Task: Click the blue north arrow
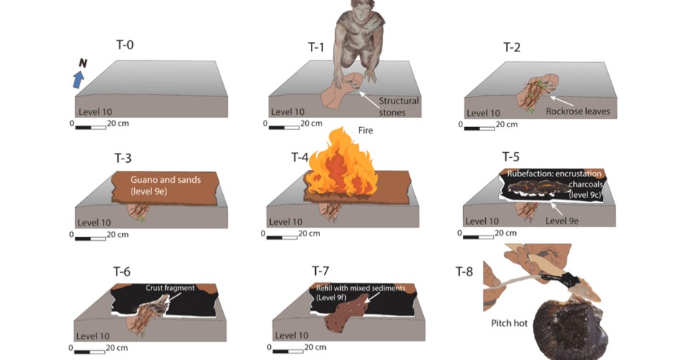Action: [79, 80]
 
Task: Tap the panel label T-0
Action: [124, 44]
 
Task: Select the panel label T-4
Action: [299, 157]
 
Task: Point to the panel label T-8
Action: [464, 271]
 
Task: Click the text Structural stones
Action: [399, 106]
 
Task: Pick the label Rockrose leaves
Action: [577, 111]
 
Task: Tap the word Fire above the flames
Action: [365, 130]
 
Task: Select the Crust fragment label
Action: [170, 288]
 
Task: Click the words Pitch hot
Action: [509, 324]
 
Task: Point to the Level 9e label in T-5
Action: [562, 221]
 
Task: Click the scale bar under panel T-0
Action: [91, 128]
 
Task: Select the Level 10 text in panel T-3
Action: [94, 222]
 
